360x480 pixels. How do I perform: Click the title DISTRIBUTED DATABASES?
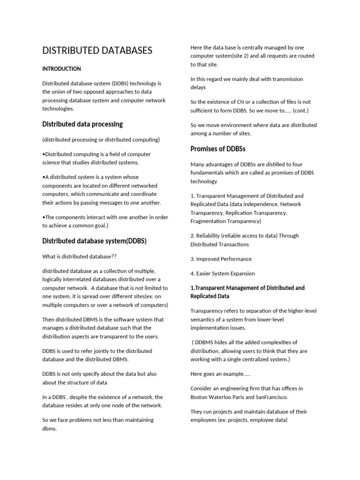97,51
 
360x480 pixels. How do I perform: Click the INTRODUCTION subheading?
61,69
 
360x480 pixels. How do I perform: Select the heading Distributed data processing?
82,124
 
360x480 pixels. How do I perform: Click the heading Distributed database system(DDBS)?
94,241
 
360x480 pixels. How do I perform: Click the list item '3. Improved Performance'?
221,259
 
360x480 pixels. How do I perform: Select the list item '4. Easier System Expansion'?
223,273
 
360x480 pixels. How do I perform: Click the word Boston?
201,397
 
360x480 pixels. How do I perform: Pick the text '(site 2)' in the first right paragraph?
250,56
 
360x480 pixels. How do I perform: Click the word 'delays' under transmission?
198,87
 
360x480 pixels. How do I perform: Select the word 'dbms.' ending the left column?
49,429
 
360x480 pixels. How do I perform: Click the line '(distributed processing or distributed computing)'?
101,139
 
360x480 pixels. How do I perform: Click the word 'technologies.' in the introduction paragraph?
58,108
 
